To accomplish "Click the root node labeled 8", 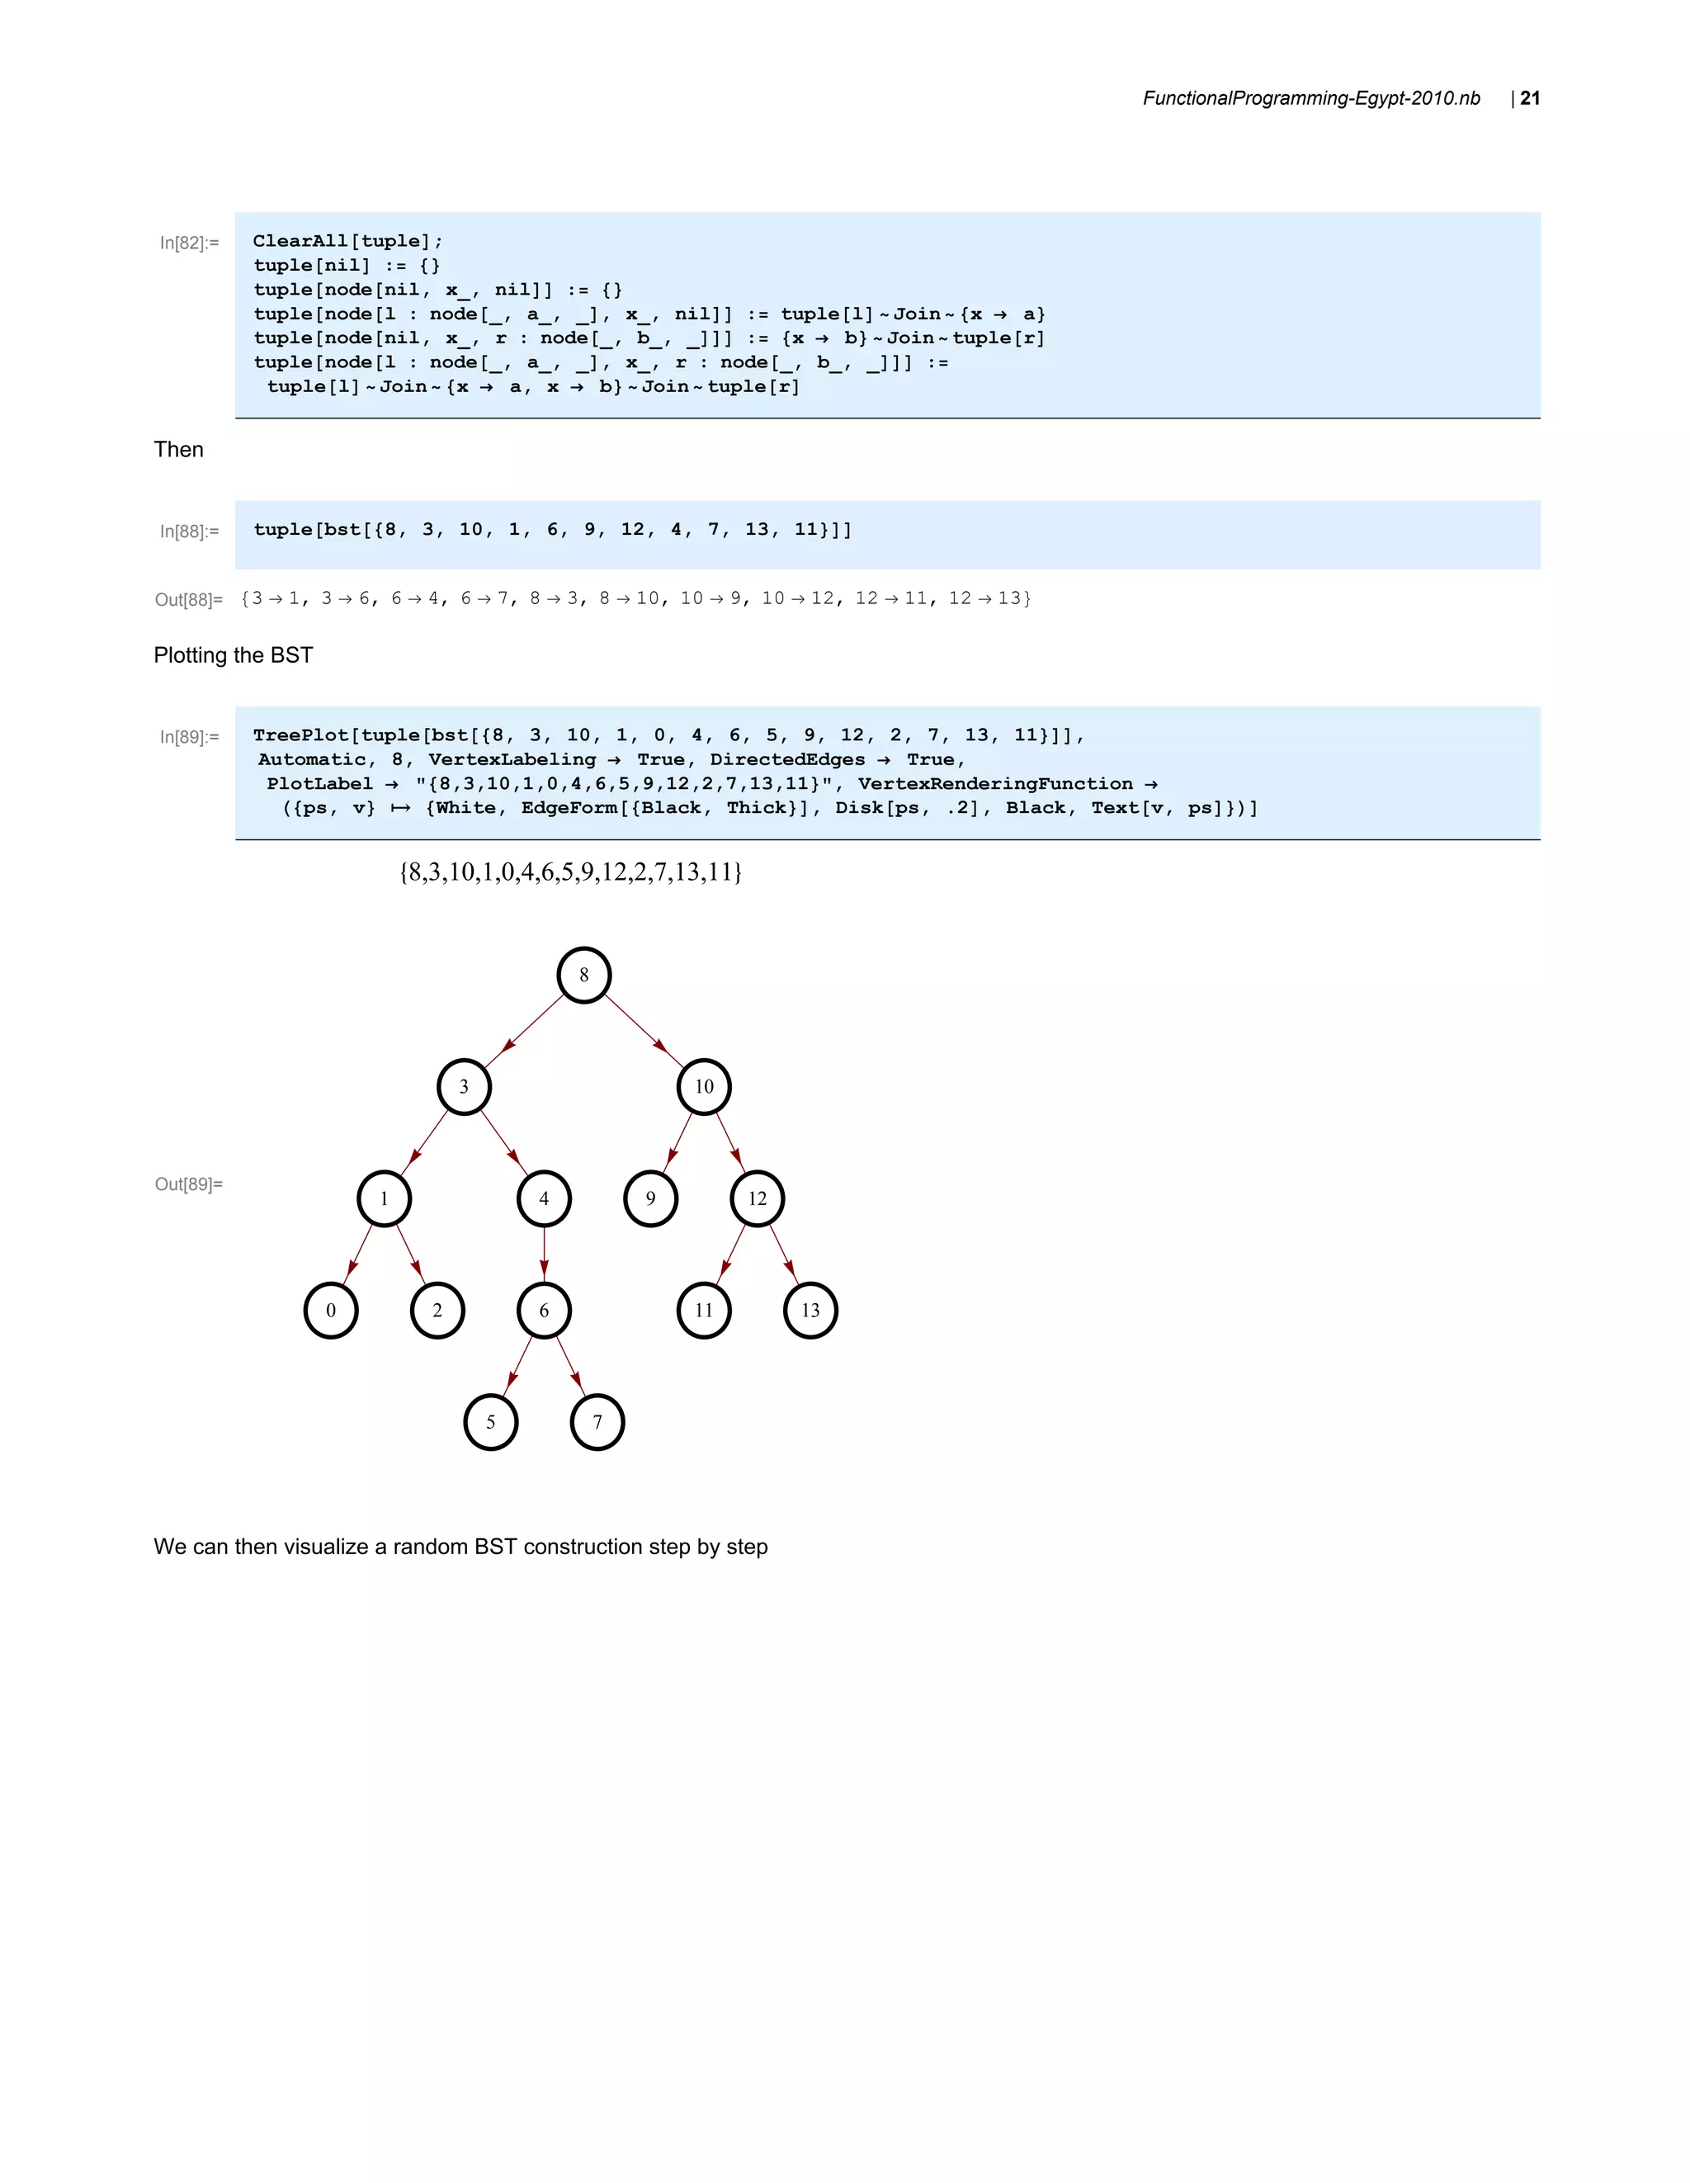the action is pos(583,975).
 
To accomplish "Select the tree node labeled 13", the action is pos(810,1311).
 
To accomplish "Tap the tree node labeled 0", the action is pos(331,1311).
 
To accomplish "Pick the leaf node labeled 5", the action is pos(491,1422).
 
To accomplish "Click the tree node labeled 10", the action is pos(704,1086).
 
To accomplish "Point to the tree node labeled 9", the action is pos(650,1198).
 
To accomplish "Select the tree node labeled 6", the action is pos(544,1311).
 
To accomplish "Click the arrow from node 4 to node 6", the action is pos(544,1255).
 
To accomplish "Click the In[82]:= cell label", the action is pos(189,243).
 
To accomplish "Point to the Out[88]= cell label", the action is pos(188,600).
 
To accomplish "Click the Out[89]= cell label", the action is pos(188,1184).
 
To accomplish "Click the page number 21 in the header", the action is pos(1529,98).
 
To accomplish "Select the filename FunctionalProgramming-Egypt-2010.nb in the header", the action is pos(1310,98).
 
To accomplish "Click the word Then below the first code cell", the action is pos(178,450).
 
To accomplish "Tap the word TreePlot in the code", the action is pos(300,735).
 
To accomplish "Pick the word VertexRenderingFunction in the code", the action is pos(994,783).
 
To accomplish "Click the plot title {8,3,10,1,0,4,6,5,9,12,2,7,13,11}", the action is pos(569,872).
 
